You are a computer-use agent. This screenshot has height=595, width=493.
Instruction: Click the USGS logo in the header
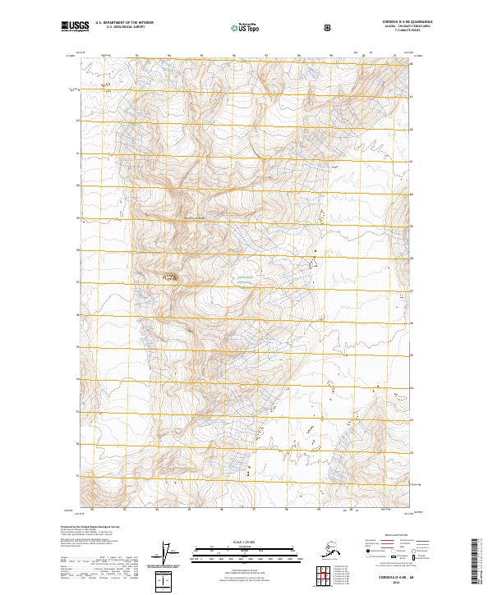click(x=73, y=26)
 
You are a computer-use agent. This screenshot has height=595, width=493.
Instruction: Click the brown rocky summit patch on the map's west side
click(x=172, y=277)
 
